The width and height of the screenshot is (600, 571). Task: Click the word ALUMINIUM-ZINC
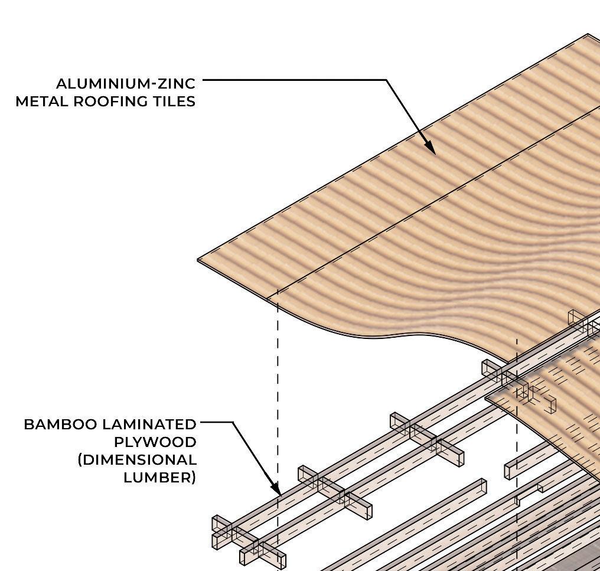click(x=125, y=83)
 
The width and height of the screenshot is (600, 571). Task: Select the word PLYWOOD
click(x=155, y=442)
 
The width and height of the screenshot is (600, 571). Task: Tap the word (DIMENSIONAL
click(x=137, y=459)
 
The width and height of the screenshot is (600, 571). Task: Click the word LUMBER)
click(x=159, y=477)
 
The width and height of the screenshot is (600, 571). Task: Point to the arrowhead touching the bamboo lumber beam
click(x=276, y=489)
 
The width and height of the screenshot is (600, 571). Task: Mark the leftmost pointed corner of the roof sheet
click(x=199, y=260)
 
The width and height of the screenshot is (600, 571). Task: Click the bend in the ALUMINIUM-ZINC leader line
click(x=386, y=80)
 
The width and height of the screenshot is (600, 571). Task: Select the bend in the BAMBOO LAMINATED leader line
click(x=232, y=422)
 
